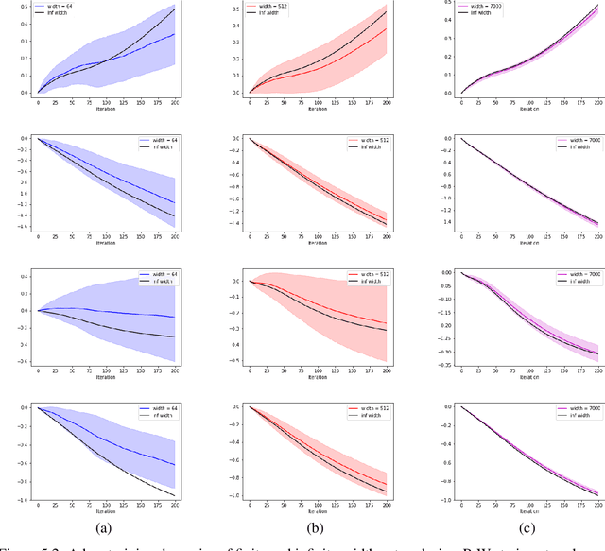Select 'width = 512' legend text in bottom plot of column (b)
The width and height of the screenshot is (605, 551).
[363, 407]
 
